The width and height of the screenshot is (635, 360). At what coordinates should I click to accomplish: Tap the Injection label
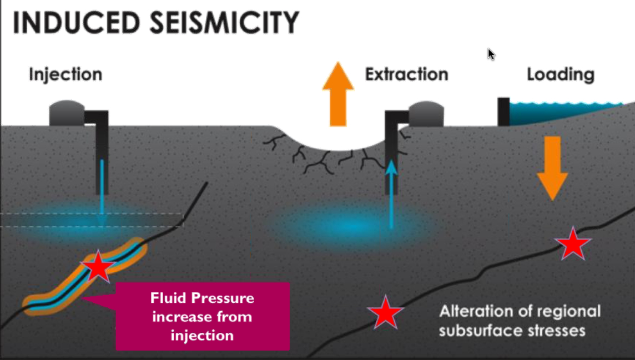(65, 74)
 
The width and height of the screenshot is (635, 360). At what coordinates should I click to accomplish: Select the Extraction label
(406, 74)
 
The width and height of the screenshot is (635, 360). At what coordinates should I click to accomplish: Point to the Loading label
(561, 74)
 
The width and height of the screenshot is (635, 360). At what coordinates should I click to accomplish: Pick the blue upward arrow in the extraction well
(391, 194)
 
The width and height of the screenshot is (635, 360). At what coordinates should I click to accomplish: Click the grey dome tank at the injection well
(67, 114)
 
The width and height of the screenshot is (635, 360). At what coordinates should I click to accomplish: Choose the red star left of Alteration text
(385, 313)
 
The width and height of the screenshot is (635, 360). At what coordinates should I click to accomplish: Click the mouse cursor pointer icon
(491, 54)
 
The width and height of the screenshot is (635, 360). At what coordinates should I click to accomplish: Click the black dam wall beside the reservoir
(503, 111)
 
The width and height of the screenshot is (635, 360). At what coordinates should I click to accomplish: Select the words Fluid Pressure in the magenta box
(202, 298)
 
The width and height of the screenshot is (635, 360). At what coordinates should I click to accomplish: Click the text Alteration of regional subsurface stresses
(520, 321)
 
